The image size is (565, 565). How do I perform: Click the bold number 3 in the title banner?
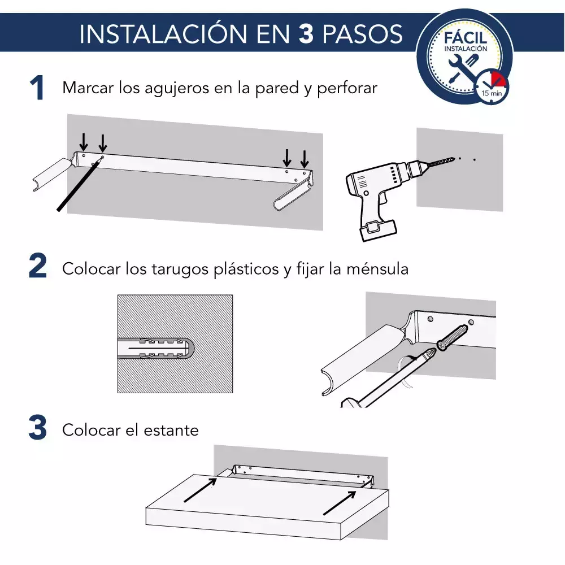click(x=306, y=34)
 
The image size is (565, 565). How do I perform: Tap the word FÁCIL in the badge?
click(x=466, y=37)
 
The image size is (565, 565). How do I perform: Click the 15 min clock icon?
click(x=491, y=87)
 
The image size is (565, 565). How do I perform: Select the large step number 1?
click(x=37, y=88)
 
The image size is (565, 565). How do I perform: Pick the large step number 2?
click(x=38, y=266)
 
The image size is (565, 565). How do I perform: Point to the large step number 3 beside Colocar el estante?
click(x=38, y=427)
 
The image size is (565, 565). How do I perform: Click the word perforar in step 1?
click(x=347, y=89)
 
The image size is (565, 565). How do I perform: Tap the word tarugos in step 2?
click(x=179, y=270)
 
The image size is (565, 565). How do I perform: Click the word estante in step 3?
click(x=171, y=430)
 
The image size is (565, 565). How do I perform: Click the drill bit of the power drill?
click(x=440, y=163)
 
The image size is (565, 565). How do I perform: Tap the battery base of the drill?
click(x=379, y=230)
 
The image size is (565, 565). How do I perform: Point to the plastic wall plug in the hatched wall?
click(x=156, y=348)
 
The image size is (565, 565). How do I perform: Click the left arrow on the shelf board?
click(x=201, y=490)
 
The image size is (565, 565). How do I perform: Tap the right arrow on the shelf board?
click(x=340, y=503)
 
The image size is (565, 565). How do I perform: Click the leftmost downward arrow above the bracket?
click(x=84, y=142)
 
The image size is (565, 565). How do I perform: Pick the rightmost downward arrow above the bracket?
click(x=305, y=159)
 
